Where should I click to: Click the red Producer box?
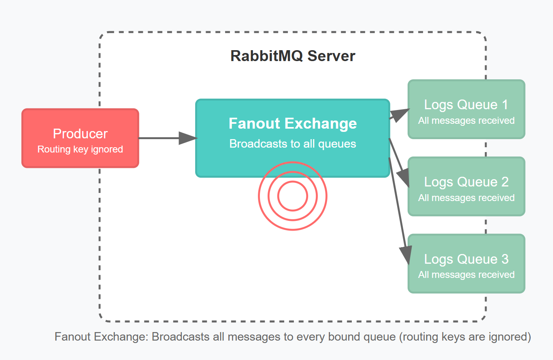click(80, 138)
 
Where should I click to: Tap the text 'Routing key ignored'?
click(80, 149)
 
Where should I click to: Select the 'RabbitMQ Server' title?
click(293, 56)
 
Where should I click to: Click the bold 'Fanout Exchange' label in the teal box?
click(293, 123)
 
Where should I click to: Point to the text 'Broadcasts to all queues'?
click(293, 144)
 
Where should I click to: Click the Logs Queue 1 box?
click(466, 109)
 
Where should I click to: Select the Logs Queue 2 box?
click(466, 186)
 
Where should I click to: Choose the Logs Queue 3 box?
click(466, 263)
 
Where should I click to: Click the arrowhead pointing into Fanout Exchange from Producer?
click(188, 138)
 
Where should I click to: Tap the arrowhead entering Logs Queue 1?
click(401, 114)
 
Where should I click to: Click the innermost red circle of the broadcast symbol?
click(293, 196)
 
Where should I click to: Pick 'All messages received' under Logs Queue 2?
click(466, 198)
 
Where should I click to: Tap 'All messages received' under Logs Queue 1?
click(466, 121)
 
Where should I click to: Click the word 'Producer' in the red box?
click(80, 134)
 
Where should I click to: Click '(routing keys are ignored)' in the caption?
click(465, 337)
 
